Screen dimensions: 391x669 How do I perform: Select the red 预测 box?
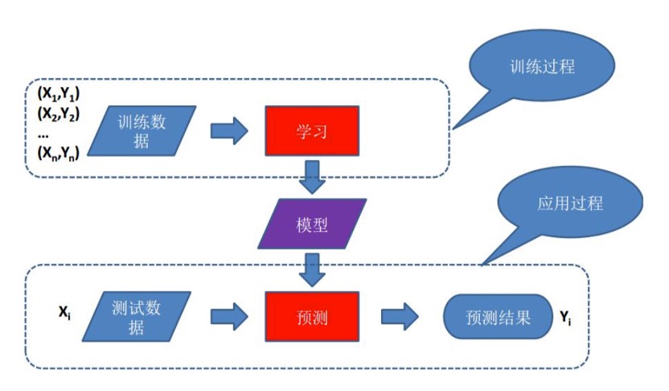point(310,317)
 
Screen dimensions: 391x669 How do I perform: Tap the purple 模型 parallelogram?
point(311,224)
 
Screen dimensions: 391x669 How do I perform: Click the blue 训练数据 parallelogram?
point(142,130)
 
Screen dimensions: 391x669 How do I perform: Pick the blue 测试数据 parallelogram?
point(137,317)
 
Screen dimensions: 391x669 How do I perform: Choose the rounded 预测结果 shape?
point(497,317)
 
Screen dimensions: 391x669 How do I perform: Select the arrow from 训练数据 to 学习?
point(228,130)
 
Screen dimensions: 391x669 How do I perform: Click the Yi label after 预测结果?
point(566,318)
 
